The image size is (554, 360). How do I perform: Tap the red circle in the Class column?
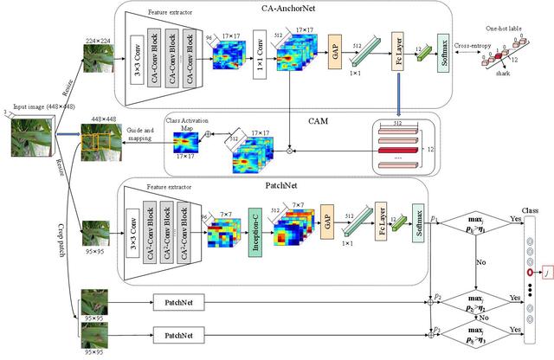tap(525, 273)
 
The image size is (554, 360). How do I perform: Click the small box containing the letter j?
tap(547, 273)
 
